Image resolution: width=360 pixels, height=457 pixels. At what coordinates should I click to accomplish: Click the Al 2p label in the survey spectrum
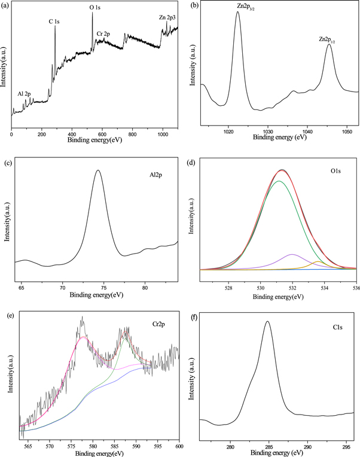coord(25,94)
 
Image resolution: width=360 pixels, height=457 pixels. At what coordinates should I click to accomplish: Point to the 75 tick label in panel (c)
coord(103,288)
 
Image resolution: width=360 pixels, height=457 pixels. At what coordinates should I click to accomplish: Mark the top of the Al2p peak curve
coord(97,170)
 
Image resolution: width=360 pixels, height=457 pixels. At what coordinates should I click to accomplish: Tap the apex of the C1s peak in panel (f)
coord(267,322)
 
